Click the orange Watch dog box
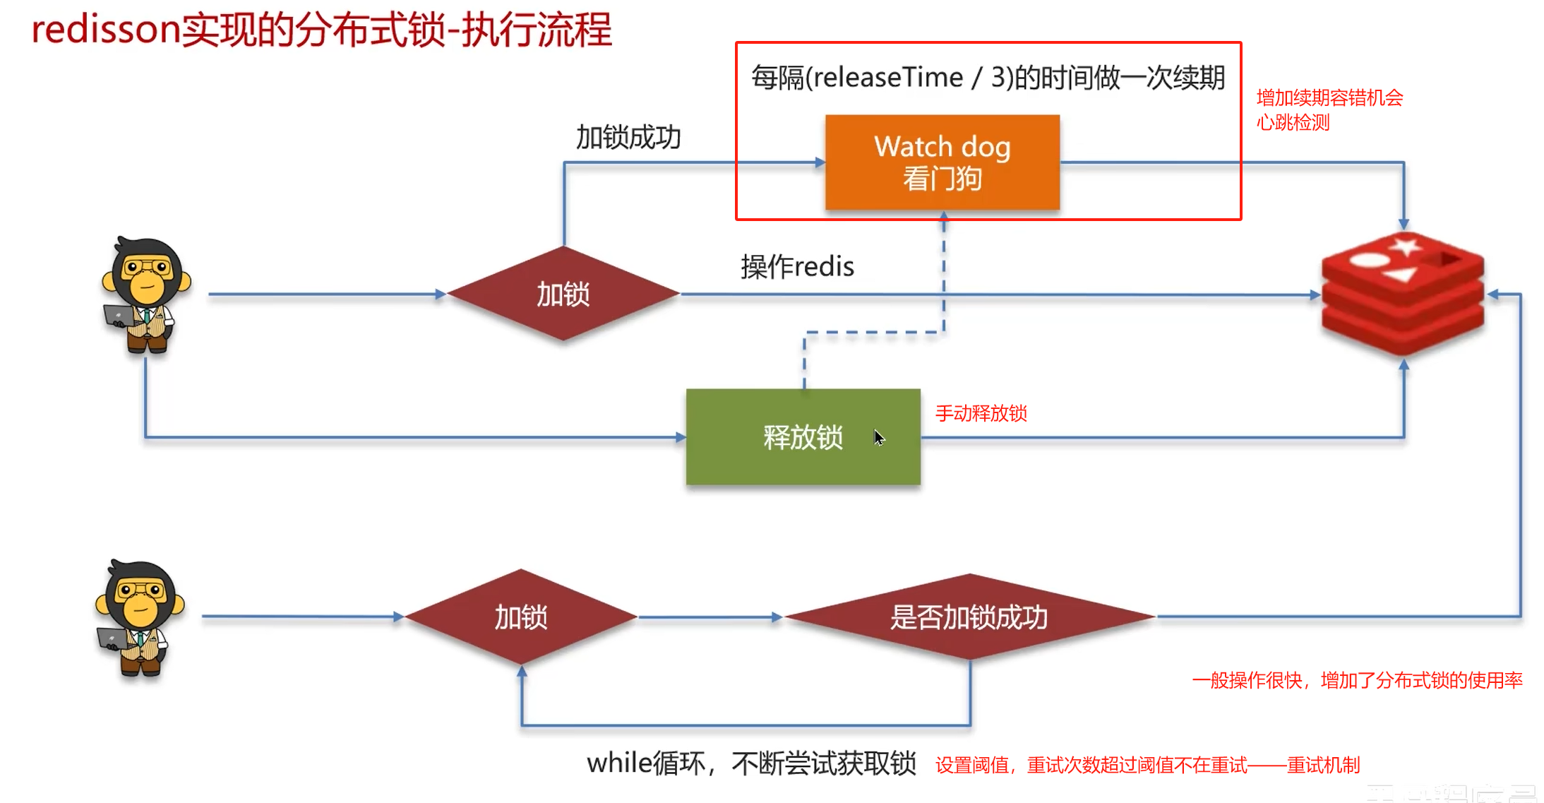[942, 162]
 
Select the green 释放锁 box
[803, 437]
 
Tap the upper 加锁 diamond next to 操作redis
[563, 294]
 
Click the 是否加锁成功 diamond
[969, 617]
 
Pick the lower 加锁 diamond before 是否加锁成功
[521, 617]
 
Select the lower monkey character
[140, 617]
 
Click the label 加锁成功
[628, 137]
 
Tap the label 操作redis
[797, 267]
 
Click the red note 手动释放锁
[981, 413]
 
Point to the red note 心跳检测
[1293, 123]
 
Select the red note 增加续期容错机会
[1329, 97]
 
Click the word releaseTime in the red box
[888, 77]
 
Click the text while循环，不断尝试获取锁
[751, 763]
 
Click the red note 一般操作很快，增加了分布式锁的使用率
[1357, 680]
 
